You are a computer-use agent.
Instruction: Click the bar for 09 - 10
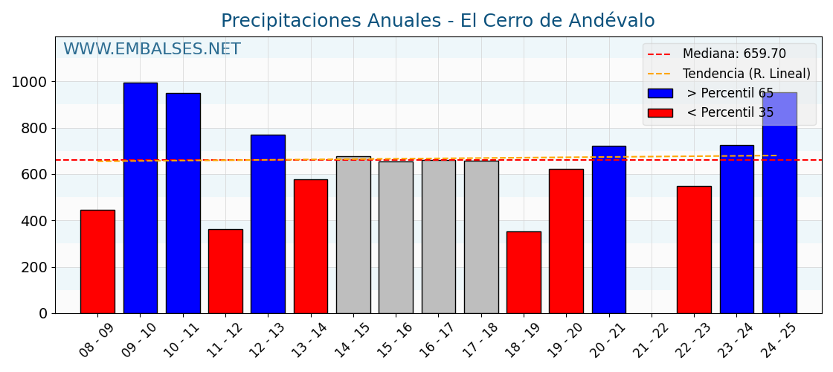[140, 198]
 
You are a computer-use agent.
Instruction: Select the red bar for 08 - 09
[97, 262]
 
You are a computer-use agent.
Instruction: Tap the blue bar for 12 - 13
[268, 224]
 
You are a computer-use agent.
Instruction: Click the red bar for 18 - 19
[524, 272]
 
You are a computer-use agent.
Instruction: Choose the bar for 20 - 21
[608, 230]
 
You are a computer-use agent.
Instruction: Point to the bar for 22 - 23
[694, 250]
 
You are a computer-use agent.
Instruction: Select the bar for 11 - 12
[225, 272]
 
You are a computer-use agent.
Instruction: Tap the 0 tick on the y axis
[43, 314]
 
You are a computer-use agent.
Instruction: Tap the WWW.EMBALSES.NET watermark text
[152, 50]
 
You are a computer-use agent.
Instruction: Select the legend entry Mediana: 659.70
[733, 54]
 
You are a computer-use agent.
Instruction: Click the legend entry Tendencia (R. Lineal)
[746, 74]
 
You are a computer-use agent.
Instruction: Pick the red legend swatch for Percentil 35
[660, 113]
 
